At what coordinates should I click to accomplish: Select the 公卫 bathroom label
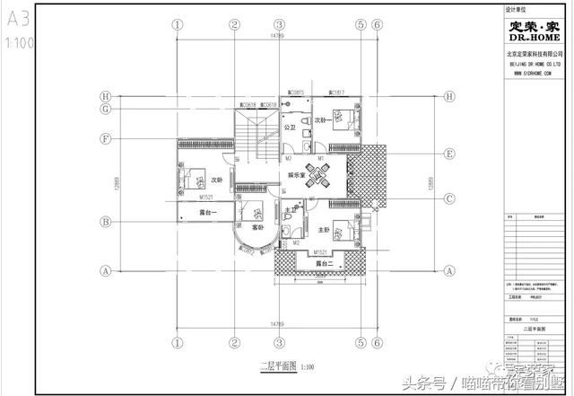point(290,128)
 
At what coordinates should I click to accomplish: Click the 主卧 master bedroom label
point(324,231)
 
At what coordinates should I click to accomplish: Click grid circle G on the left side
point(105,110)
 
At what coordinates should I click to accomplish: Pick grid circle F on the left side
point(105,139)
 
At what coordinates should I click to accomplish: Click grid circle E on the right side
point(449,154)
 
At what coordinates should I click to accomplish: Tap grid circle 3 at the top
point(280,24)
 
